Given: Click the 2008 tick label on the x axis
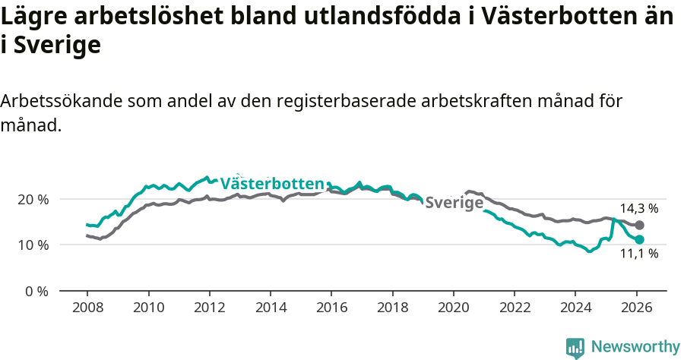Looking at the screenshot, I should coord(87,309).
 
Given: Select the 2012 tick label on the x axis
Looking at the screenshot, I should coord(209,309).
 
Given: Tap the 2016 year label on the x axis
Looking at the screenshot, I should coord(331,309).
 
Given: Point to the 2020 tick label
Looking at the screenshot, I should coord(453,309).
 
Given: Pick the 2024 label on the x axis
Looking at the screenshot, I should coord(575,309).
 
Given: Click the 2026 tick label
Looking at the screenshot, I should coord(636,309).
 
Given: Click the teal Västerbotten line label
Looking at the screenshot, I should coord(272,184).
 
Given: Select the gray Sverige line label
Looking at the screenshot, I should coord(454,203).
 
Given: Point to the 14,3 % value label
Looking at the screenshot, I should coord(638,208).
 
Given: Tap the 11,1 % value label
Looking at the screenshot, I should coord(638,254).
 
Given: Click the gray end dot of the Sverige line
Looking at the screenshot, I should coord(639,225).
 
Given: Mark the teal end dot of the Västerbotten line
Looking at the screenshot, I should coord(639,239).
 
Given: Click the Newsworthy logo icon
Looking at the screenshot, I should coord(575,347).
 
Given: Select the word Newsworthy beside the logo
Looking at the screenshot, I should coord(635,347).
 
